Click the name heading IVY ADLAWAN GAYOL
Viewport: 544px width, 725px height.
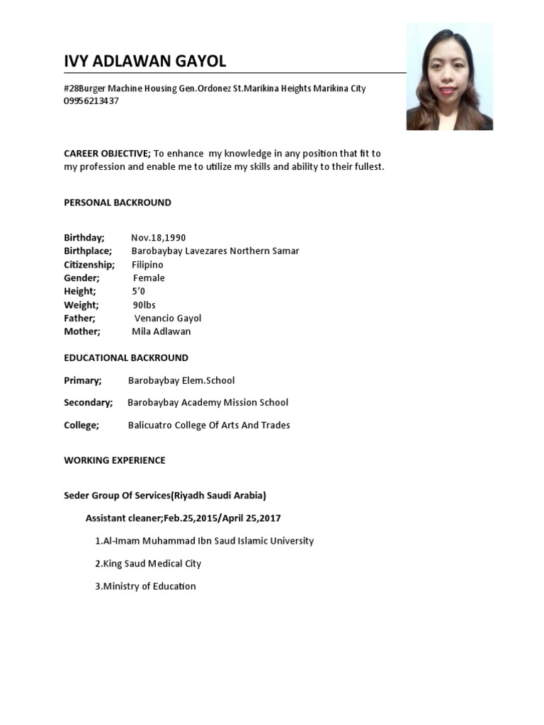[x=145, y=62]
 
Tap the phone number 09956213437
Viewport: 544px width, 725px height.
[x=91, y=101]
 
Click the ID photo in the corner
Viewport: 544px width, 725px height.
[x=449, y=76]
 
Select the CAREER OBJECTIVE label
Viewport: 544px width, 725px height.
[x=106, y=154]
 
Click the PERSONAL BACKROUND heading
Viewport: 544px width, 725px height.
[x=118, y=202]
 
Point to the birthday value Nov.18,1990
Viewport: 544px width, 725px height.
[x=159, y=238]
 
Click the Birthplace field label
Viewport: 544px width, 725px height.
[x=88, y=251]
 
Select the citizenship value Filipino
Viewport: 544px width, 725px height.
[x=147, y=265]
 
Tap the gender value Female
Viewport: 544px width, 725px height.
[x=149, y=278]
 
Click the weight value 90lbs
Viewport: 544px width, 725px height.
[x=144, y=304]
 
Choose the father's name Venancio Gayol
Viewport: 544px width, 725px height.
[x=168, y=318]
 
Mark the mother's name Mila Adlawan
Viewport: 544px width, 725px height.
[x=161, y=331]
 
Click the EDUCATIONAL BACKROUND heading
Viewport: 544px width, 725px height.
[x=126, y=358]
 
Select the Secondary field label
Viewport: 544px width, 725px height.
[x=89, y=403]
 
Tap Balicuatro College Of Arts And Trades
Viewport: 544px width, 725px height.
[x=209, y=426]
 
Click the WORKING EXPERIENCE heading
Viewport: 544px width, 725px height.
[x=115, y=460]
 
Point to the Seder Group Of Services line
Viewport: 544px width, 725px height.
[x=165, y=496]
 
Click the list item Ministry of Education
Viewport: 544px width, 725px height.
[x=145, y=586]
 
